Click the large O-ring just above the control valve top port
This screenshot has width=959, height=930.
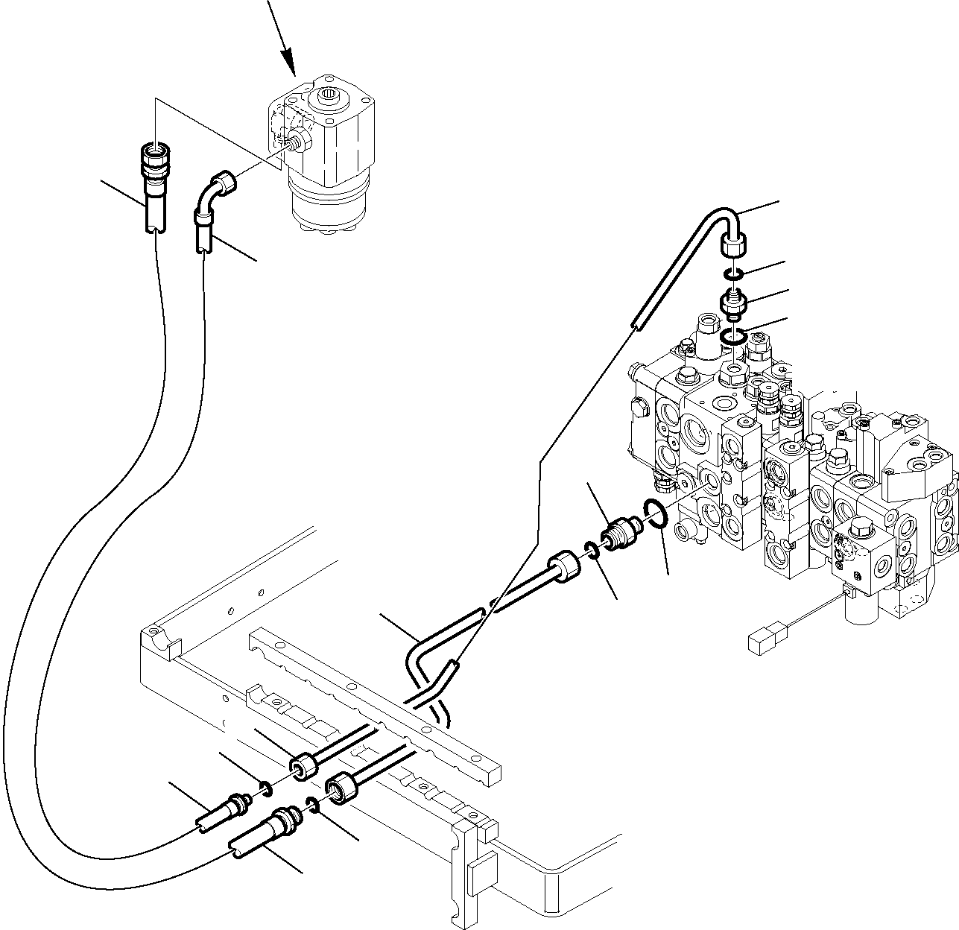point(734,339)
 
